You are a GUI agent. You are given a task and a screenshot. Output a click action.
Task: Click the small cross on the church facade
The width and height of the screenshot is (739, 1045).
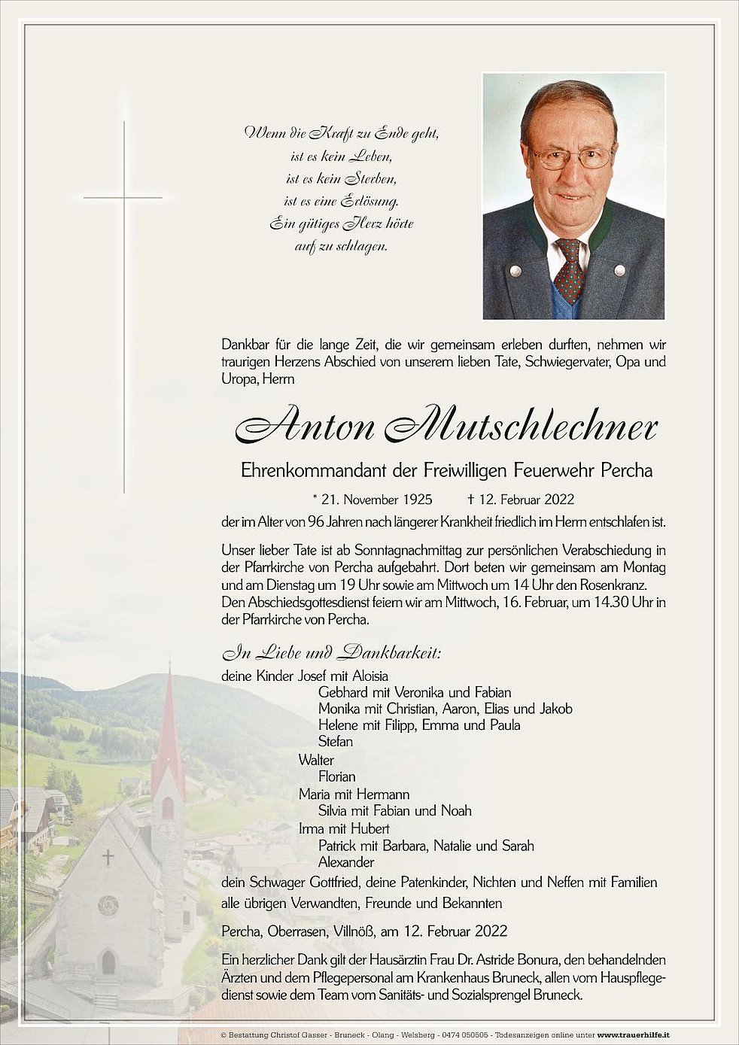(x=108, y=857)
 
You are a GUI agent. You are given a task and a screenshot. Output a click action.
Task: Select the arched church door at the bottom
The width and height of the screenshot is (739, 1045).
(x=108, y=962)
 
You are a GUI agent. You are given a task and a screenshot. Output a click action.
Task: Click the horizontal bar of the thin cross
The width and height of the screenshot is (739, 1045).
(x=123, y=198)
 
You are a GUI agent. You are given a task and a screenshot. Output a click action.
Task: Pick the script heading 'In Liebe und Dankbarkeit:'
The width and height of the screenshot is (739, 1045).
(x=331, y=652)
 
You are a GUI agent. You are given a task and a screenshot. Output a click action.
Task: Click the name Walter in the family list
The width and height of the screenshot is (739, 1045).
(x=316, y=760)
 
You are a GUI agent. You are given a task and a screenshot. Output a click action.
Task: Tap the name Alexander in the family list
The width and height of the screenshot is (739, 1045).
(x=346, y=862)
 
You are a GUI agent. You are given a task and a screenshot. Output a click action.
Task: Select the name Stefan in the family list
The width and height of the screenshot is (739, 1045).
(x=336, y=742)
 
